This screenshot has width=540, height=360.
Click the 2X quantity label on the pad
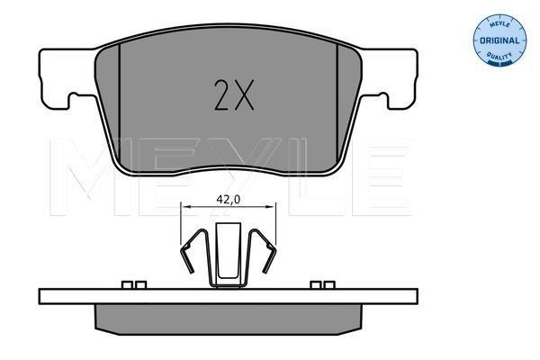pos(234,95)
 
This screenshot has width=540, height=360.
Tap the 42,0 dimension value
pos(228,199)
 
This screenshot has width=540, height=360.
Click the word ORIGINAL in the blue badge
pos(499,40)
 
